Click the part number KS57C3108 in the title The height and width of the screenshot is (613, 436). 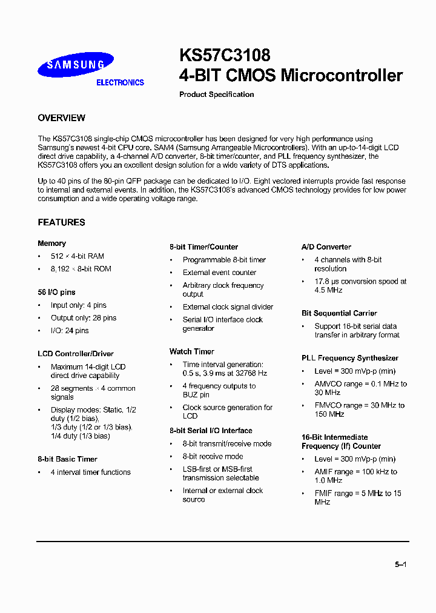click(x=225, y=56)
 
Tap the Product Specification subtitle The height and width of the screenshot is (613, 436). click(x=217, y=94)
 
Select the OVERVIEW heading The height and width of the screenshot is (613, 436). click(x=61, y=118)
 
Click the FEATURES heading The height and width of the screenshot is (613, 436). click(x=61, y=222)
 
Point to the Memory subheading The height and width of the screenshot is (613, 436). click(x=51, y=244)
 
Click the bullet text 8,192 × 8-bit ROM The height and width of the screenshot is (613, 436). click(x=81, y=269)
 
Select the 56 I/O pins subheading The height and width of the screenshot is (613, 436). click(x=56, y=293)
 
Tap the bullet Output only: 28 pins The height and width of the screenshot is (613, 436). click(x=84, y=318)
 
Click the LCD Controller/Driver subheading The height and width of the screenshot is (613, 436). click(x=76, y=354)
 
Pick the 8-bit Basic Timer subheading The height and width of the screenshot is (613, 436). click(x=67, y=459)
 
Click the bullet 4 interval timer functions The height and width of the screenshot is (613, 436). click(x=90, y=472)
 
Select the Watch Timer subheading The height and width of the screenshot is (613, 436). click(x=191, y=351)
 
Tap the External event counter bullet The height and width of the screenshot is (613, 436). click(x=219, y=273)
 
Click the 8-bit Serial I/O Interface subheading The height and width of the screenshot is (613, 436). click(x=211, y=431)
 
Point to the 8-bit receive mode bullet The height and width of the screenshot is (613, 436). click(x=213, y=457)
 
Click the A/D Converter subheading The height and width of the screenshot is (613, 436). click(x=326, y=247)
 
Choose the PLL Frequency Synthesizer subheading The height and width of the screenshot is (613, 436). click(x=350, y=358)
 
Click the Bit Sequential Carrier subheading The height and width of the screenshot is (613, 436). click(x=339, y=313)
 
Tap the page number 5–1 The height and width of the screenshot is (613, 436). click(x=400, y=565)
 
